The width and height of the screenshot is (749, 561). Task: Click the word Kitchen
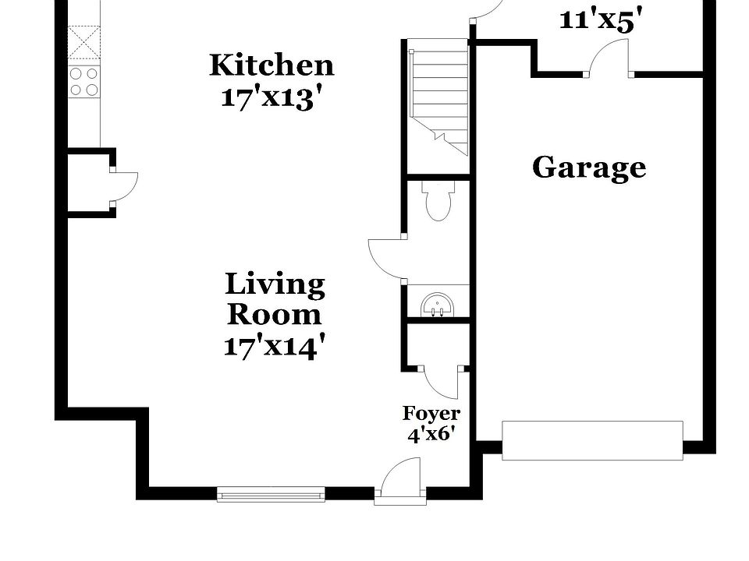(272, 65)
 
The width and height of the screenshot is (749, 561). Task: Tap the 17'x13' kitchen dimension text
(272, 98)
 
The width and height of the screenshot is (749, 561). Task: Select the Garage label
(589, 168)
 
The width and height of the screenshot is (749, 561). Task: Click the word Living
(275, 284)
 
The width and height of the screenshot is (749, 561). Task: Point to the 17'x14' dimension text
(273, 346)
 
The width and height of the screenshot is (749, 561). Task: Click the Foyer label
(431, 413)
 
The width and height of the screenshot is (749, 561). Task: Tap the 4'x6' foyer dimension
(431, 435)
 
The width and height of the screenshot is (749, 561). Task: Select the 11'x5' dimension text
(601, 19)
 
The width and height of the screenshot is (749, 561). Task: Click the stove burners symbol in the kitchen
(83, 81)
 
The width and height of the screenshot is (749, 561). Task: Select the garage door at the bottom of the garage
(592, 440)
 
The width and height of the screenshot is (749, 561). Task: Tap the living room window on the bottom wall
(271, 493)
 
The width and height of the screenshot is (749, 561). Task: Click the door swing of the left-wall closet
(123, 185)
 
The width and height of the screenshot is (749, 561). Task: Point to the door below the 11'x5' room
(609, 59)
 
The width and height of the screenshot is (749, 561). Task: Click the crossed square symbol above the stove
(83, 44)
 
